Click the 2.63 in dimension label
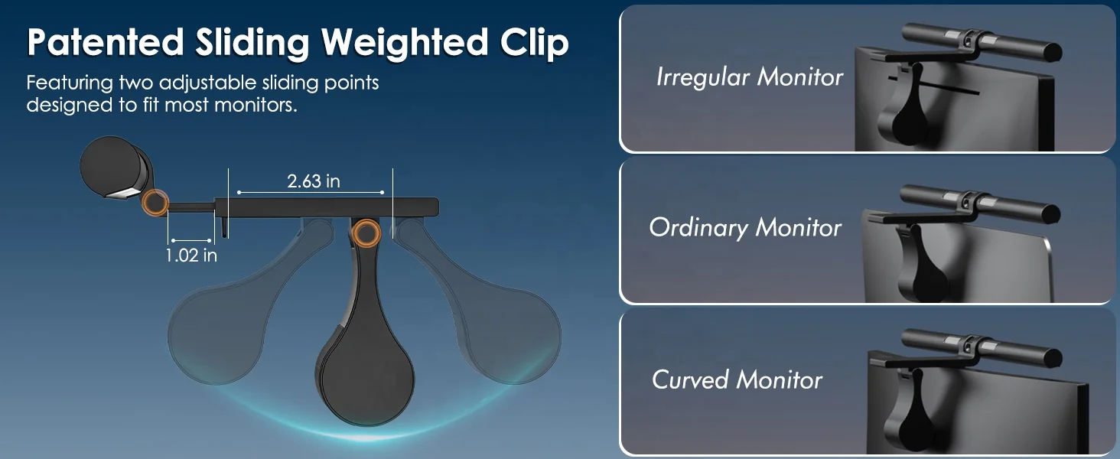pyautogui.click(x=314, y=181)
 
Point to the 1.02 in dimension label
pyautogui.click(x=191, y=256)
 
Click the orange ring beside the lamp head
pyautogui.click(x=155, y=203)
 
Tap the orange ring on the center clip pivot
pyautogui.click(x=366, y=233)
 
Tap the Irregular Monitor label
pyautogui.click(x=750, y=77)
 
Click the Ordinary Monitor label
pyautogui.click(x=745, y=227)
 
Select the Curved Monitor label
pyautogui.click(x=737, y=379)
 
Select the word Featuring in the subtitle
pyautogui.click(x=70, y=83)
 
